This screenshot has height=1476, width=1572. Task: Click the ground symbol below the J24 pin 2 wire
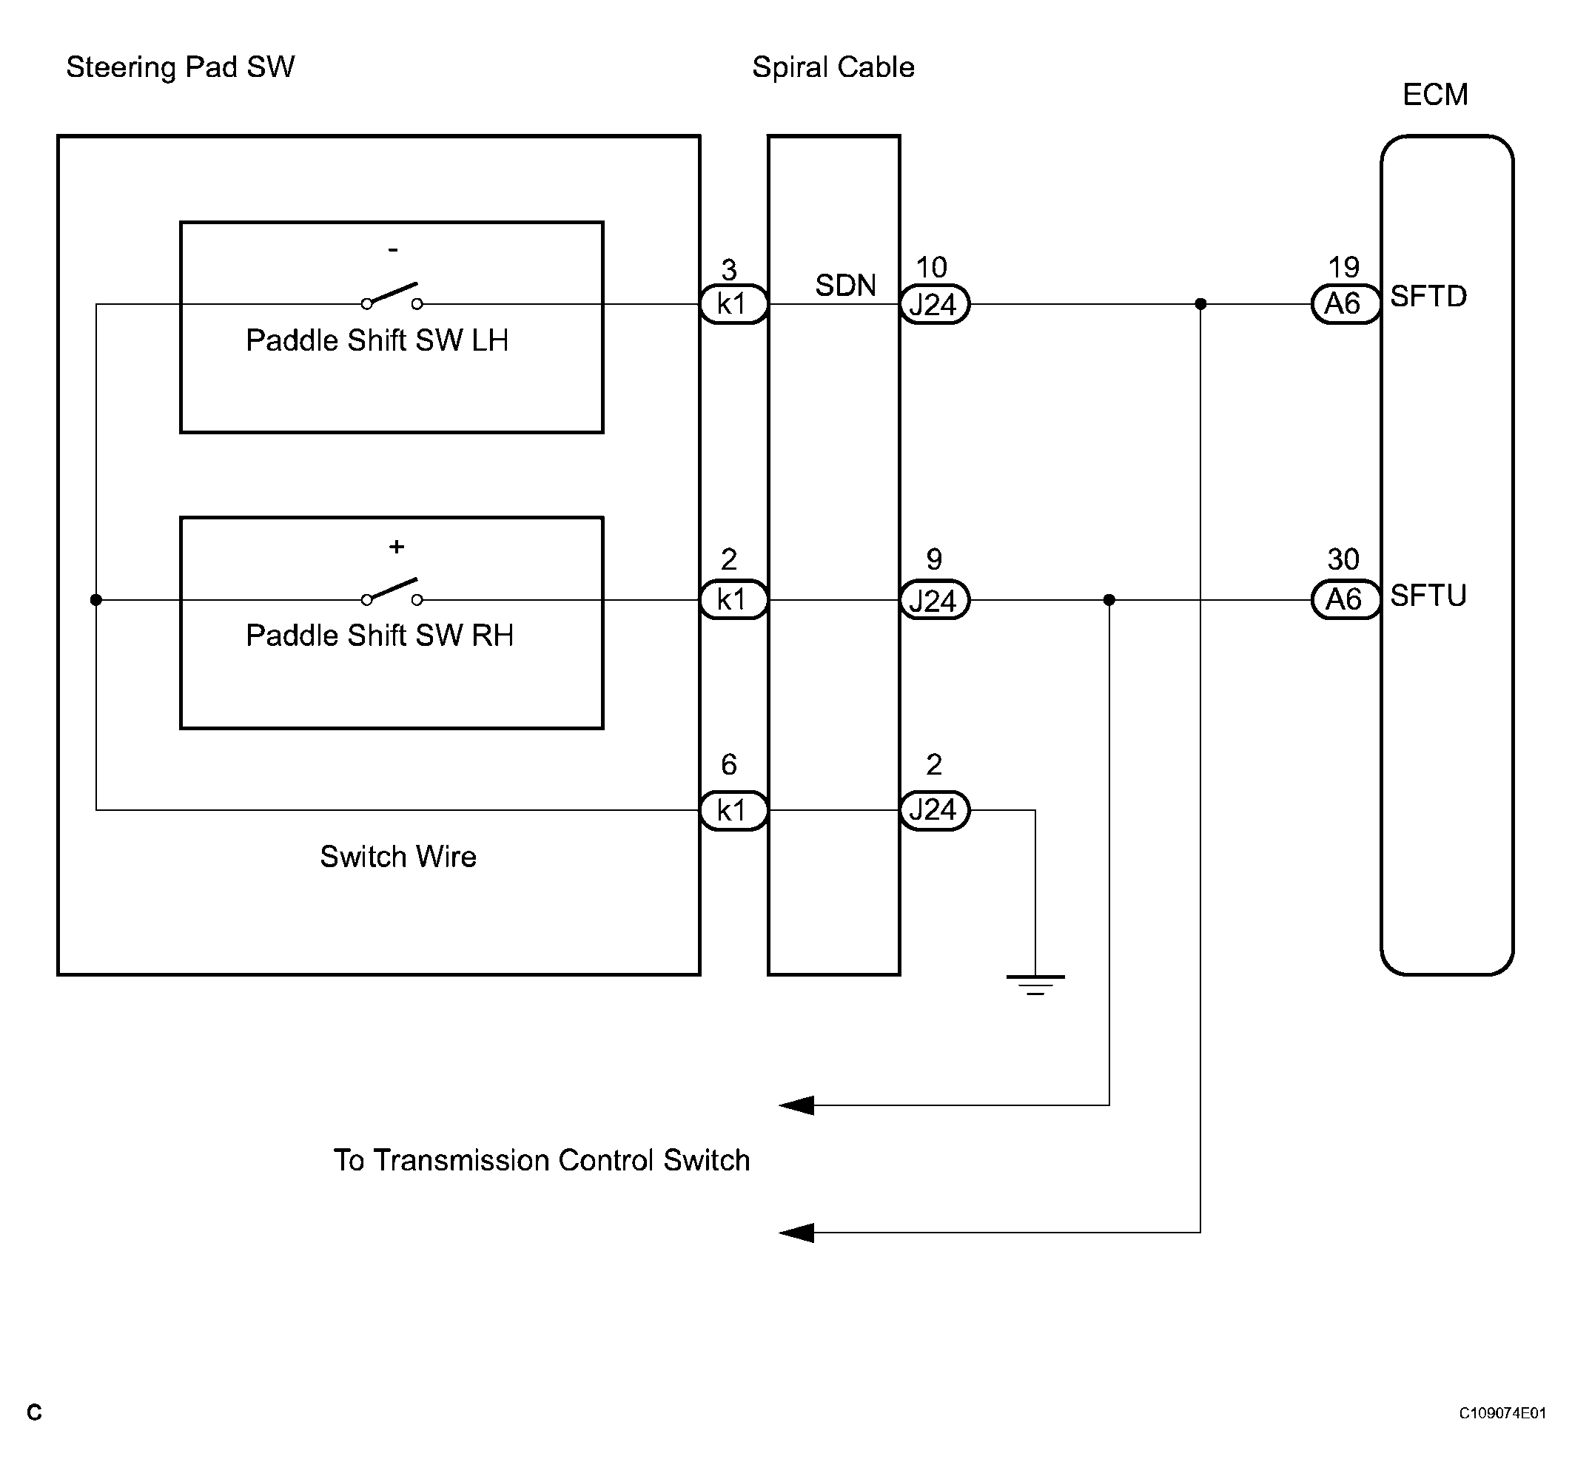(x=1035, y=985)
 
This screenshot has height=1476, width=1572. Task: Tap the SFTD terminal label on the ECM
(x=1428, y=297)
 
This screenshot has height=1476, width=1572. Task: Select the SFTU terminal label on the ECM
(x=1428, y=596)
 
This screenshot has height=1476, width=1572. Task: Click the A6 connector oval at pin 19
(x=1346, y=303)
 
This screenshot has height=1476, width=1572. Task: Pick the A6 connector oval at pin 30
(x=1346, y=599)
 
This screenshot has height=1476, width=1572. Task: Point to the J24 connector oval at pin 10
(x=935, y=304)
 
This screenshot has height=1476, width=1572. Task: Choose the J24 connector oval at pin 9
(x=935, y=600)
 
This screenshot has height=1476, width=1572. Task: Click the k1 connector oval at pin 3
(x=733, y=304)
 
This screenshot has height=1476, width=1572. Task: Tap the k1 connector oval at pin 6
(x=733, y=810)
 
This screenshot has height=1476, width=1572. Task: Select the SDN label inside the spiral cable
(x=845, y=286)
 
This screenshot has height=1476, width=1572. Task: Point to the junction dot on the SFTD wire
(x=1200, y=303)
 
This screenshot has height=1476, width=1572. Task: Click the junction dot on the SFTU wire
(x=1109, y=600)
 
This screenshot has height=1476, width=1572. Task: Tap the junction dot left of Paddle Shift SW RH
(x=96, y=600)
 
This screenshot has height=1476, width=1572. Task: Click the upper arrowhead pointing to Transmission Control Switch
(x=796, y=1105)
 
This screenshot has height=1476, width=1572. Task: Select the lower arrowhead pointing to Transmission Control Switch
(x=796, y=1233)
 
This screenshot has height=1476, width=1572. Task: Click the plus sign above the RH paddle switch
(x=397, y=546)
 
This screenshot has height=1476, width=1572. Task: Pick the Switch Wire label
(x=397, y=857)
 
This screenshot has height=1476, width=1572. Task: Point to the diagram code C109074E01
(x=1502, y=1413)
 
